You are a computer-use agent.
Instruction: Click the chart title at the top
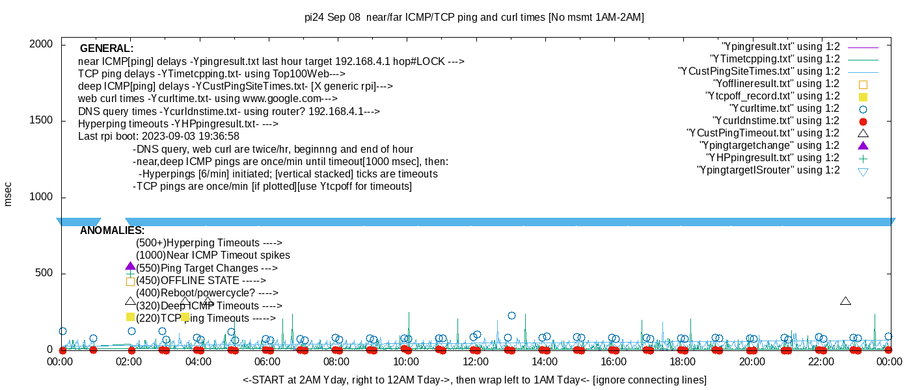pos(474,18)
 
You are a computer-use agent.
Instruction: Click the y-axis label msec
pos(8,194)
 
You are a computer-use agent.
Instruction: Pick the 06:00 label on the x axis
pos(268,362)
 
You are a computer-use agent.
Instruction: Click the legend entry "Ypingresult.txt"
pos(781,47)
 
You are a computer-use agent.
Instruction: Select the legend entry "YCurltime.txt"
pos(785,109)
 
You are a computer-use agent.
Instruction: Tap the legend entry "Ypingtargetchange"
pos(770,146)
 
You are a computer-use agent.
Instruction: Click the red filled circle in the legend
pos(863,122)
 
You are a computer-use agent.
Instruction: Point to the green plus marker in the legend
pos(863,158)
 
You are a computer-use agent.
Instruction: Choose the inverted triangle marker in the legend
pos(863,172)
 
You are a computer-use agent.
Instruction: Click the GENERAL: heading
pos(107,49)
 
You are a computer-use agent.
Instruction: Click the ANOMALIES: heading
pos(112,231)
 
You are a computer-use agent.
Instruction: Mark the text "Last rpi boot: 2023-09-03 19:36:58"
pos(159,136)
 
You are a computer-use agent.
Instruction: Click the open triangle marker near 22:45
pos(845,301)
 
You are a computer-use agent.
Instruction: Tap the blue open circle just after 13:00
pos(511,316)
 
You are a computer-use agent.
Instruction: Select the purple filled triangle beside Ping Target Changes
pos(130,266)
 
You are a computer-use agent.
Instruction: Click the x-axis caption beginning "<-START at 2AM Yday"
pos(474,380)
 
